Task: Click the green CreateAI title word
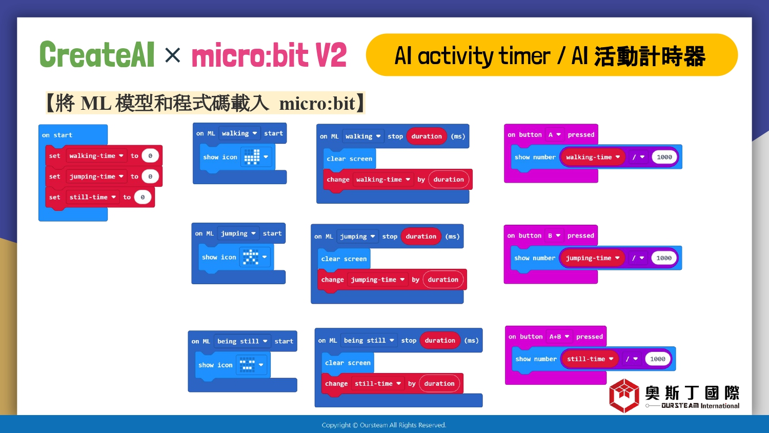click(x=97, y=54)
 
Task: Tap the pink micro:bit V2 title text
click(x=269, y=55)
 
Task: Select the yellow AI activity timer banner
click(x=552, y=55)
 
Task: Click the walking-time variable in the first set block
click(x=96, y=155)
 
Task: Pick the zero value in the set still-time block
click(x=143, y=197)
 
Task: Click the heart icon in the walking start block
click(x=252, y=157)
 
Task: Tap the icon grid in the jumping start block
click(x=251, y=257)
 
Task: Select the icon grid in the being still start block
click(x=247, y=365)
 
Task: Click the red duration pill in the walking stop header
click(x=427, y=136)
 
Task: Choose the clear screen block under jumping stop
click(x=343, y=259)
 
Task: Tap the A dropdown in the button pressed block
click(x=554, y=135)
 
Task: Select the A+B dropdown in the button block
click(x=559, y=337)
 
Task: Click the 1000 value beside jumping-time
click(x=663, y=258)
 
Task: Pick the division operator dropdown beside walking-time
click(x=638, y=157)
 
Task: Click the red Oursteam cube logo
click(x=624, y=396)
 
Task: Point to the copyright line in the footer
click(x=384, y=425)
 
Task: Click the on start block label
click(x=57, y=135)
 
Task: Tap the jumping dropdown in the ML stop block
click(x=357, y=237)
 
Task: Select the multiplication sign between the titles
click(x=172, y=55)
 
